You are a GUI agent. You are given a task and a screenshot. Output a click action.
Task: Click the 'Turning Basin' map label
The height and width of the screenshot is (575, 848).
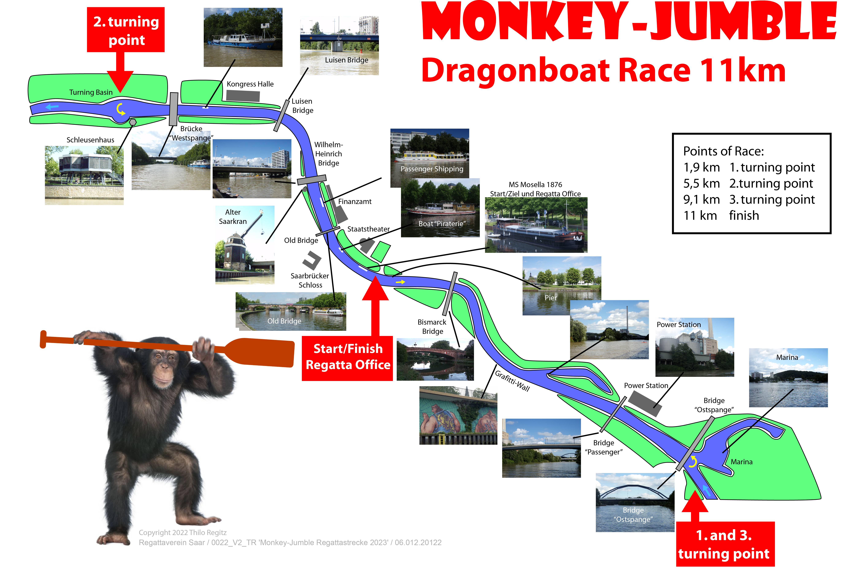click(91, 92)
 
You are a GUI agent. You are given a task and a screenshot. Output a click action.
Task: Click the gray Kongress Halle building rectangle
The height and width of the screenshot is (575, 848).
click(243, 96)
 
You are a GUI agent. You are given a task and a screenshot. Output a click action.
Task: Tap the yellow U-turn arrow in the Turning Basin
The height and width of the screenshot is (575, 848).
click(120, 109)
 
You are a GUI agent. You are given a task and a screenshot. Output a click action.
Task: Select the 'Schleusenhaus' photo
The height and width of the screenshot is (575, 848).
click(84, 175)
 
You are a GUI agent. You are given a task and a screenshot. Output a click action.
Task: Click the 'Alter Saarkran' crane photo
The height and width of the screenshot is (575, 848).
click(245, 245)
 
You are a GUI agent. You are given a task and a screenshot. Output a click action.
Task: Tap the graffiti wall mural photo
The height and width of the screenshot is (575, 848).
click(458, 415)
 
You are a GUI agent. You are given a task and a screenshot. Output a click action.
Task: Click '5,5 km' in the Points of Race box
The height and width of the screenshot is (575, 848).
click(701, 183)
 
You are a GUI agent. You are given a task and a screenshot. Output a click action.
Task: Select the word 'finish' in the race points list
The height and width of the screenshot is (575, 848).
click(744, 215)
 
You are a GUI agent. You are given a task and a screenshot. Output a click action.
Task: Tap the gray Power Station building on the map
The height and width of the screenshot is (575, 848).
click(645, 404)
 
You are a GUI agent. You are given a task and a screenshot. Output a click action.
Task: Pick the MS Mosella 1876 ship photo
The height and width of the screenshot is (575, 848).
click(536, 225)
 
